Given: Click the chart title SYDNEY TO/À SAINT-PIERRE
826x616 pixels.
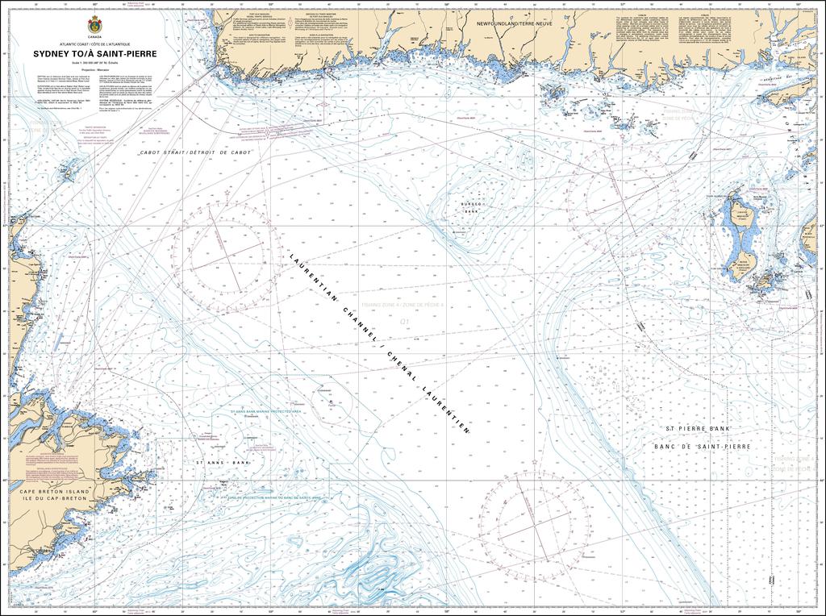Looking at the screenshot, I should tap(96, 53).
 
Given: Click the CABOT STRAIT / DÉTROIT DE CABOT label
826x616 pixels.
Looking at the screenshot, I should tap(196, 152).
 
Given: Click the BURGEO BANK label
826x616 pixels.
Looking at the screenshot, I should tap(470, 208).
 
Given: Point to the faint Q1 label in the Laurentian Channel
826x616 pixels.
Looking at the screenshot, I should tap(404, 320).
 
